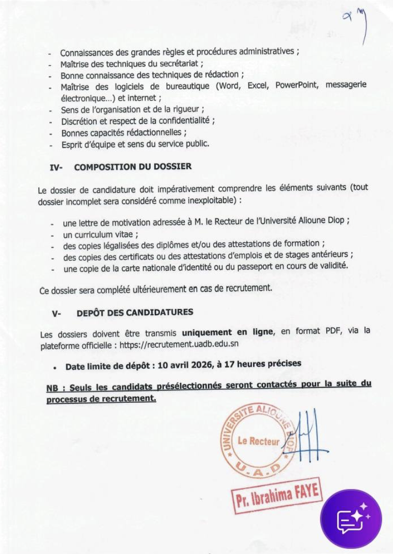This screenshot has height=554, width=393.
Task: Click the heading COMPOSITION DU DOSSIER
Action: pyautogui.click(x=133, y=167)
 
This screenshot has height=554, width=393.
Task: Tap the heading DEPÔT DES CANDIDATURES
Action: pyautogui.click(x=135, y=312)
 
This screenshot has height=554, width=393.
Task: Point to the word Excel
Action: pyautogui.click(x=258, y=86)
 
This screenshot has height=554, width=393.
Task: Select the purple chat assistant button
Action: pyautogui.click(x=351, y=519)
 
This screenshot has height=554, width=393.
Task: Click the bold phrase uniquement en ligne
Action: pyautogui.click(x=229, y=332)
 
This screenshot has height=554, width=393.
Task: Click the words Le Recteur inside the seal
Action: pyautogui.click(x=259, y=441)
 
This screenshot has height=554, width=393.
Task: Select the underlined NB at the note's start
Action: pyautogui.click(x=52, y=388)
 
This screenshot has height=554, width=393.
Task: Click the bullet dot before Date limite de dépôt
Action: pyautogui.click(x=54, y=367)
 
